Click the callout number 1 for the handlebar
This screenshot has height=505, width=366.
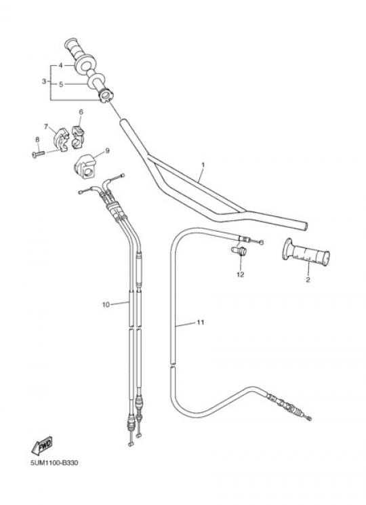pos(203,165)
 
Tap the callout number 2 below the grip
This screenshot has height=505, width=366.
pos(308,279)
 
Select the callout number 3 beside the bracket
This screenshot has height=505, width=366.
pos(44,81)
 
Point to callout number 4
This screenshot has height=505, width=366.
pos(60,65)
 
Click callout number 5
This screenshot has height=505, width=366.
pos(60,84)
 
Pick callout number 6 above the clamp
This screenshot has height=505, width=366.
pos(81,112)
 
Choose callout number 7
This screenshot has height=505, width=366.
pos(45,127)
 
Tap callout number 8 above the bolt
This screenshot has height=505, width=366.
pos(37,140)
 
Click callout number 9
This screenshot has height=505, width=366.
pos(107,150)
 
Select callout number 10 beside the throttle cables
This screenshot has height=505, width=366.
pos(106,304)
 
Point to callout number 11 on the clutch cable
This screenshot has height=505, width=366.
pos(201,322)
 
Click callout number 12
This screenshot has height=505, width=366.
pos(241,275)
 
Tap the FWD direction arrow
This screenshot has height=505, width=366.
pos(42,446)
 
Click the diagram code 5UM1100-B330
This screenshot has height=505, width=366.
pos(54,463)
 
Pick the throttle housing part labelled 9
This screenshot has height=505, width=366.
pos(85,167)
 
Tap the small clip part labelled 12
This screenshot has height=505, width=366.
pos(239,251)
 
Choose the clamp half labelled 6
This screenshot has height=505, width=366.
pos(77,137)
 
